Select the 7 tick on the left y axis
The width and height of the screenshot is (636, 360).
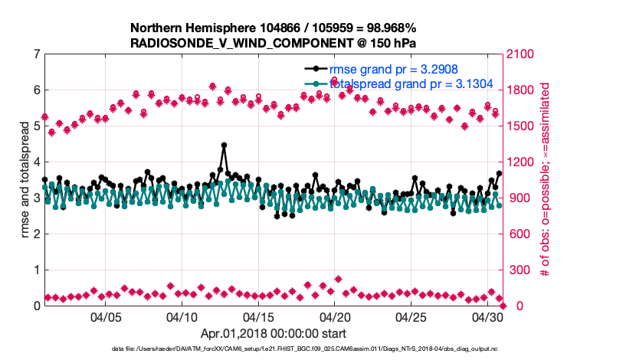(x=36, y=54)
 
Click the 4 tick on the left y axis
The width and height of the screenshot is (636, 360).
(x=36, y=162)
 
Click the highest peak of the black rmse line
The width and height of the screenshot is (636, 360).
(x=224, y=145)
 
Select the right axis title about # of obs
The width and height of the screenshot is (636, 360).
(x=546, y=180)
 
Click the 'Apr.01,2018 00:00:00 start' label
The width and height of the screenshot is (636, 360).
(x=274, y=333)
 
